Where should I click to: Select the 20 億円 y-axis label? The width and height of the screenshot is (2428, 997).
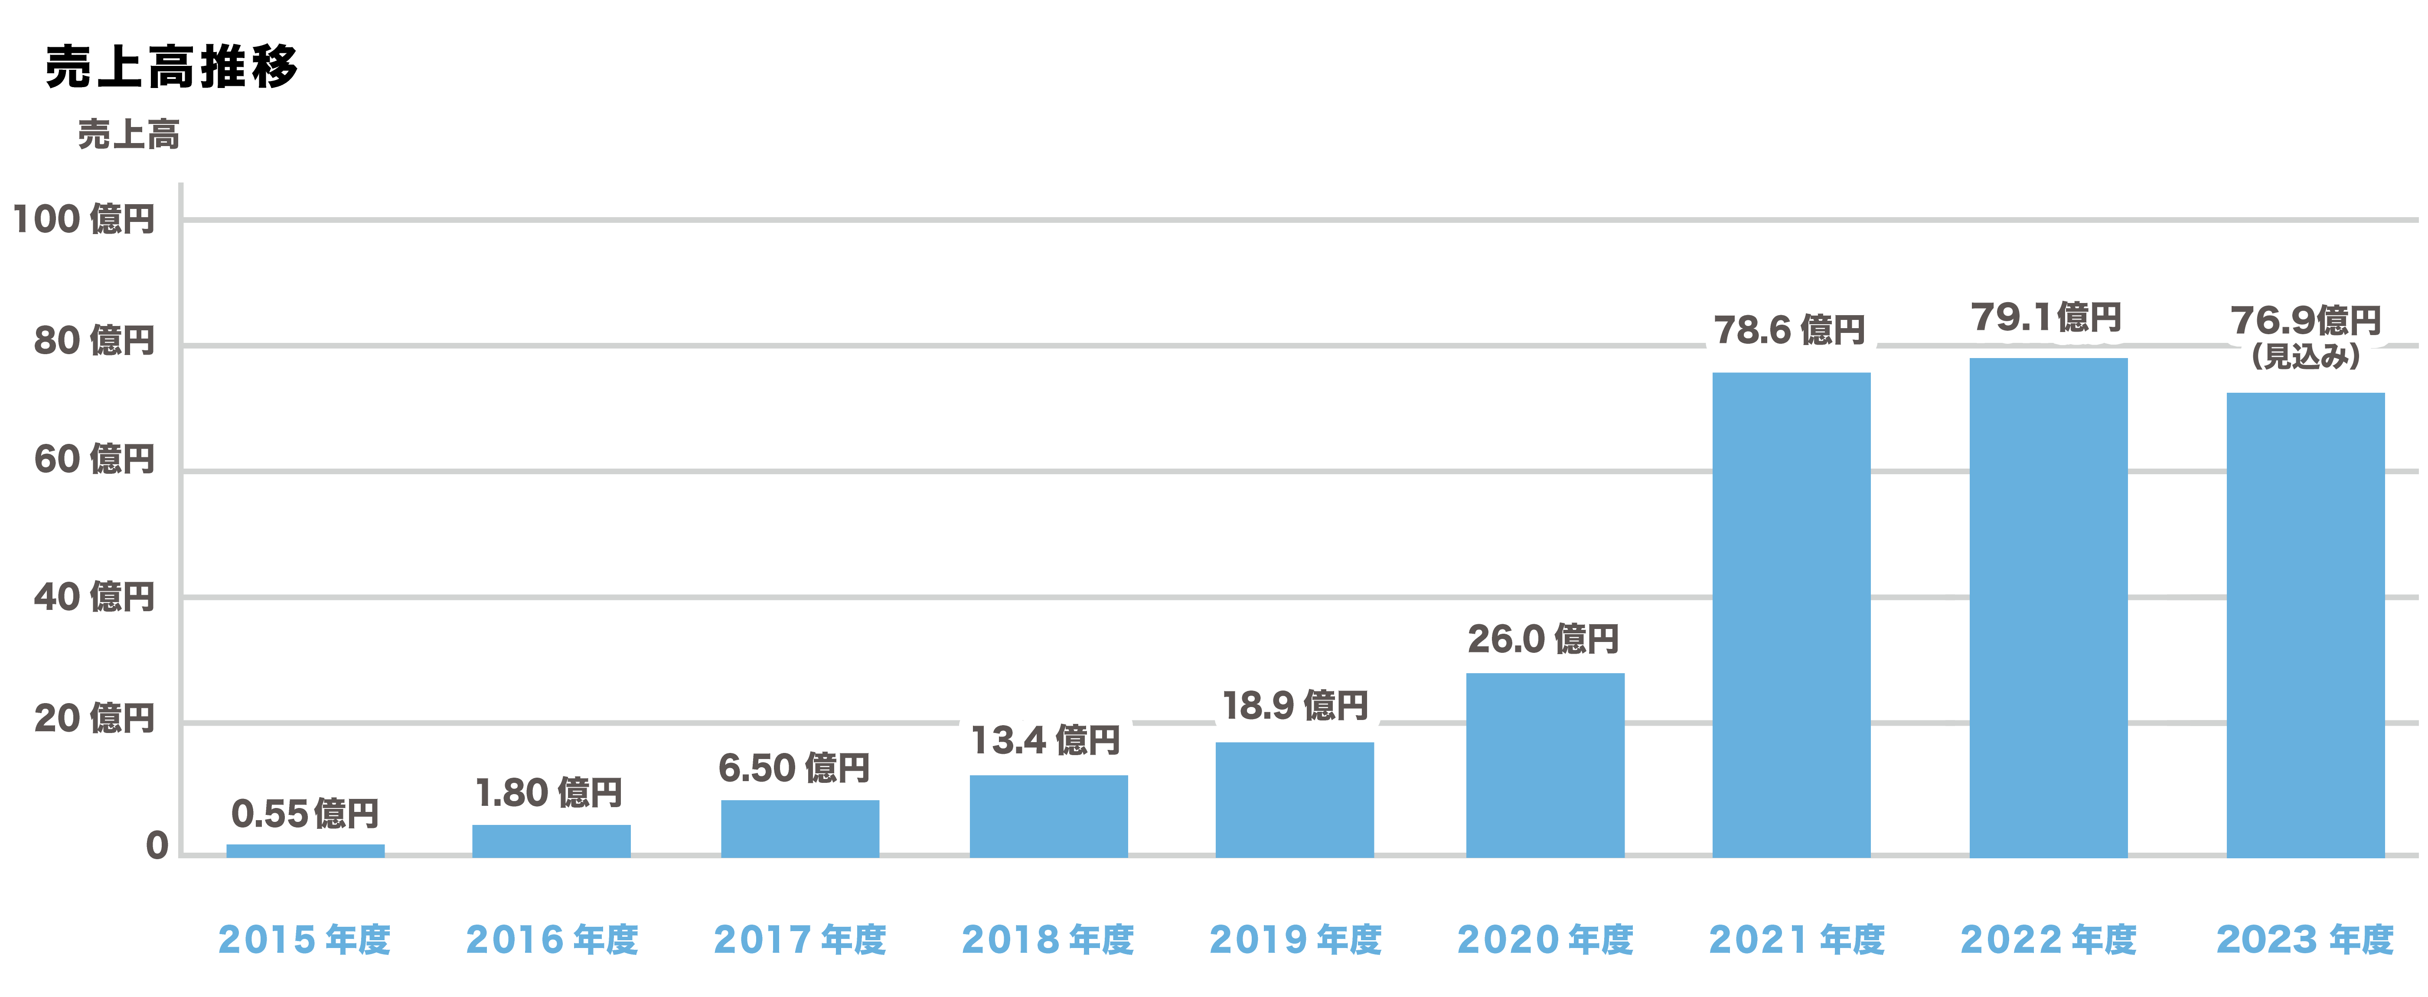94,718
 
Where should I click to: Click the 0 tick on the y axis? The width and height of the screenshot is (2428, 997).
157,845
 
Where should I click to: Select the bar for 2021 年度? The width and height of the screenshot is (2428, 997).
1791,614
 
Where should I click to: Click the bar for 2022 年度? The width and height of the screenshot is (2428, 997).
2048,608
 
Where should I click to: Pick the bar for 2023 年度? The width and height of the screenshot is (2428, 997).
2305,625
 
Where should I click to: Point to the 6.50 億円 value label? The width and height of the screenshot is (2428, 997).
793,767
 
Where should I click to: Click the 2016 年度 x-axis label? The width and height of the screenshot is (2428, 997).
552,939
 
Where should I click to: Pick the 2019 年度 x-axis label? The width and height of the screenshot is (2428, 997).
1295,939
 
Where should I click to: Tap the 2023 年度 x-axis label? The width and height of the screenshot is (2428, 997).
2305,939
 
